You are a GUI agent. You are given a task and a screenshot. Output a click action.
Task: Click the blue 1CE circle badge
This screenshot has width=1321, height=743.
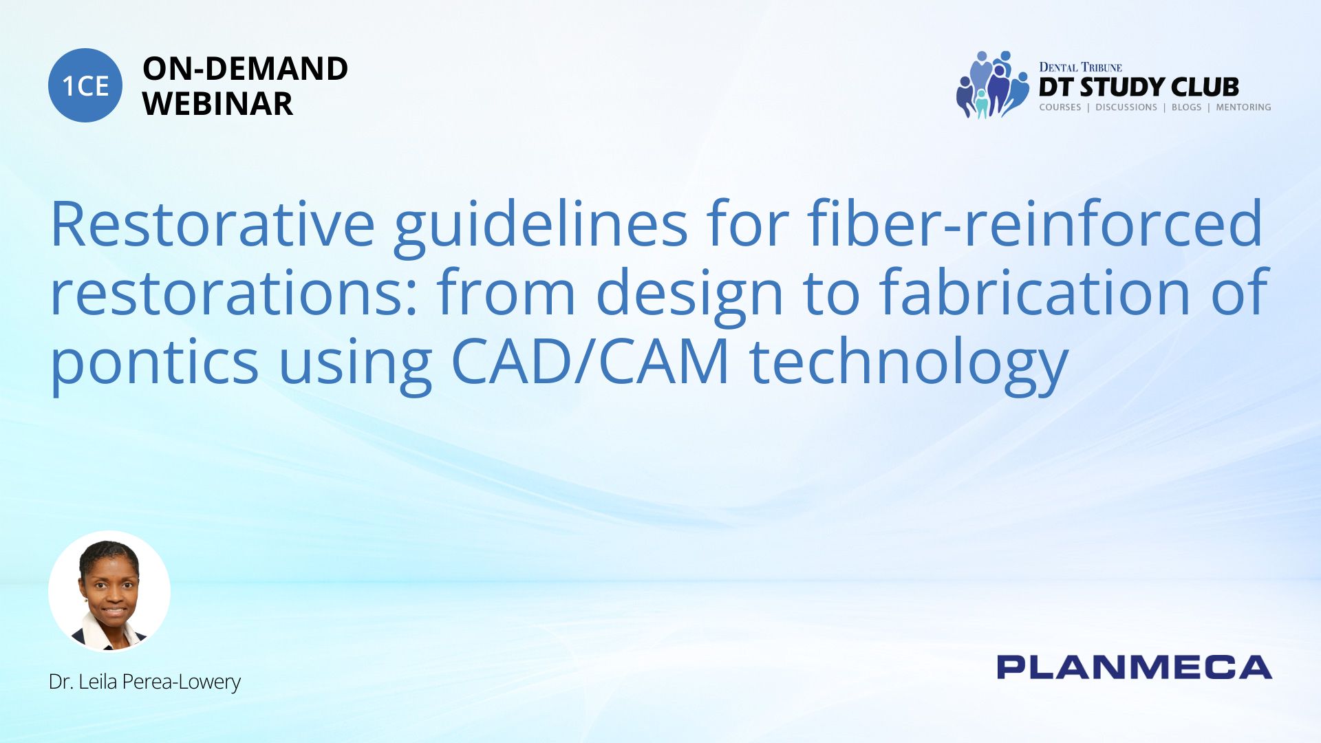coord(85,85)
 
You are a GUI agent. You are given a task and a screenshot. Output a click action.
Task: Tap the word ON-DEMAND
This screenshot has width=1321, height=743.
coord(245,69)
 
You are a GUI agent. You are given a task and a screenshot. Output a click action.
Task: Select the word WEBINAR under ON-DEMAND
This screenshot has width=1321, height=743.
coord(217,104)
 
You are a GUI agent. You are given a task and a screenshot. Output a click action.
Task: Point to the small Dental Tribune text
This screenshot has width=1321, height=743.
coord(1080,67)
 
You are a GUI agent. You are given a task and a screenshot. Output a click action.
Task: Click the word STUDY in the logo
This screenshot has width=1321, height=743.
coord(1123,87)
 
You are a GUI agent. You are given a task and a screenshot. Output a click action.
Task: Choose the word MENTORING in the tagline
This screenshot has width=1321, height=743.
coord(1243,107)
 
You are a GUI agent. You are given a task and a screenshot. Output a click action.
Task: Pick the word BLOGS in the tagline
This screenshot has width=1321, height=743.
coord(1186,107)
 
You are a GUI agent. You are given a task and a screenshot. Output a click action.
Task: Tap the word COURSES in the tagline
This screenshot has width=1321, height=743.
coord(1060,107)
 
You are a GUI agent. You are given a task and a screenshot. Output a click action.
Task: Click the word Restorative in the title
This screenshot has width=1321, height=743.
coord(213,224)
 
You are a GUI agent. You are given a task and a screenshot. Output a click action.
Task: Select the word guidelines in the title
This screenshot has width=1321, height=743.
coord(541,227)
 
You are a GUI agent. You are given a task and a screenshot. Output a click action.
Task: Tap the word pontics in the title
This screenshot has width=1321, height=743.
coord(155,365)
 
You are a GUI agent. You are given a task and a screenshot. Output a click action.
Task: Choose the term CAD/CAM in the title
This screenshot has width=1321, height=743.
coord(590,360)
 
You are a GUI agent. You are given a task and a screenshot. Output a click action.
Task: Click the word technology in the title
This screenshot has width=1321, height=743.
coord(908,365)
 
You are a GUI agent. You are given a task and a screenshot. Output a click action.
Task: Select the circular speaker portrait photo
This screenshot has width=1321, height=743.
coord(109,591)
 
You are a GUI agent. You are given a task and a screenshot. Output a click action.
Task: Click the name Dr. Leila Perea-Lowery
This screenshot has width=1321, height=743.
coord(144,682)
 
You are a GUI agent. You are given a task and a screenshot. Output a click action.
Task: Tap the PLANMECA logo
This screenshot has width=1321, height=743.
coord(1135,667)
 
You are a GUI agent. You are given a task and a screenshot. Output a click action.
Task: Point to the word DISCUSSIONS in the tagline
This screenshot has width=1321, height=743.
coord(1126,107)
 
